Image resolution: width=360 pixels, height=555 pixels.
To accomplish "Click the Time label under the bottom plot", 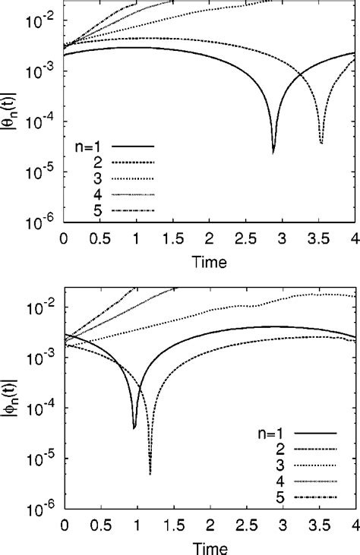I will click(209, 547).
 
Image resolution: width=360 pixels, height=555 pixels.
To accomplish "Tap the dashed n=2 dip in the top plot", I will click(322, 143).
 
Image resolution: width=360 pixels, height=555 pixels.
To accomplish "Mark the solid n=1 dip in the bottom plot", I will click(134, 428).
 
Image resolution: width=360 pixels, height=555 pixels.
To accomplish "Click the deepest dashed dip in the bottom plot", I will click(150, 474).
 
